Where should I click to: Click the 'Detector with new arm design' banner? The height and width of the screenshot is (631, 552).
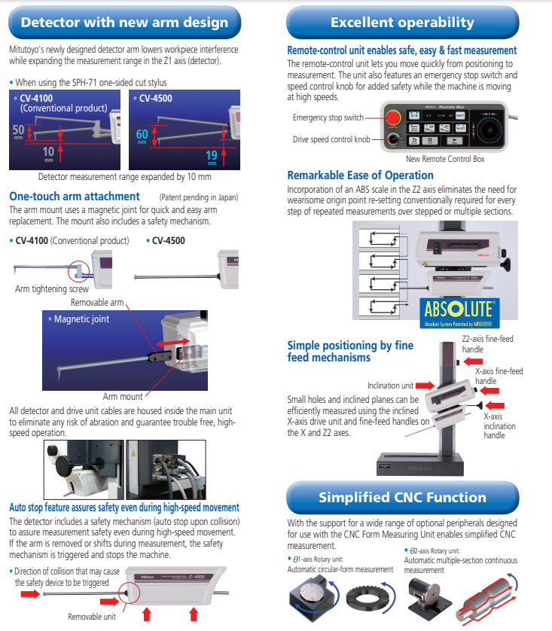[124, 22]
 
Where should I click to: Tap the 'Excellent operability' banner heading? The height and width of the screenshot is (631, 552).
[402, 22]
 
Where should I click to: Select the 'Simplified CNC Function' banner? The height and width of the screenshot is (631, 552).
[402, 498]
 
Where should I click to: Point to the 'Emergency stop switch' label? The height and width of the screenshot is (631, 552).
[328, 117]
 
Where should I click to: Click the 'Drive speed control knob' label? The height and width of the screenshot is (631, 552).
[331, 139]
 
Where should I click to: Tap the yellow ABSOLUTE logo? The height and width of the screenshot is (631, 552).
[459, 309]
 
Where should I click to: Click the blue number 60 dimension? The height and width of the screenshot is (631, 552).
[142, 134]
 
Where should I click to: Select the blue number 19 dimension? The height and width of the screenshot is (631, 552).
[212, 154]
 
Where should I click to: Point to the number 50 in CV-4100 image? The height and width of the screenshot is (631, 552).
[18, 130]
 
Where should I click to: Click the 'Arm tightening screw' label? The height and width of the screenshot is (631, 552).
[50, 288]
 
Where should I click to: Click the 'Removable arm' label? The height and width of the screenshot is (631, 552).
[98, 302]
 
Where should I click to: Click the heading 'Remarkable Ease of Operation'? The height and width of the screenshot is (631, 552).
[360, 175]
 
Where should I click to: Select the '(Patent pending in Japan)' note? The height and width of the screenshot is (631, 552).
[200, 197]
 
